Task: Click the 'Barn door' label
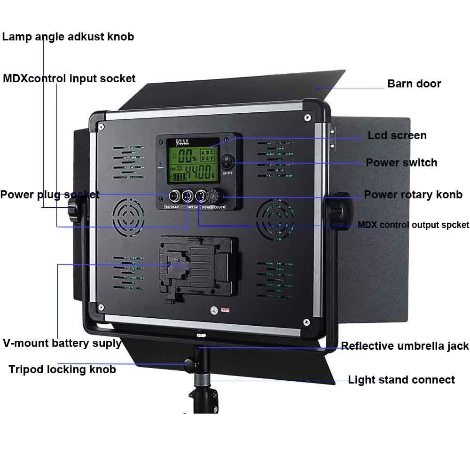(414, 84)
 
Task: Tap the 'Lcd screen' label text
(397, 135)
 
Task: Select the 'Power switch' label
(401, 163)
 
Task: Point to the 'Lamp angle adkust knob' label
(68, 37)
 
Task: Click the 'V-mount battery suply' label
(62, 343)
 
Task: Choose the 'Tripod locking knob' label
(62, 369)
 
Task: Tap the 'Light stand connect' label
(401, 380)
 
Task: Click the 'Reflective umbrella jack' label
(405, 346)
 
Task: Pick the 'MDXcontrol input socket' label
(69, 78)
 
